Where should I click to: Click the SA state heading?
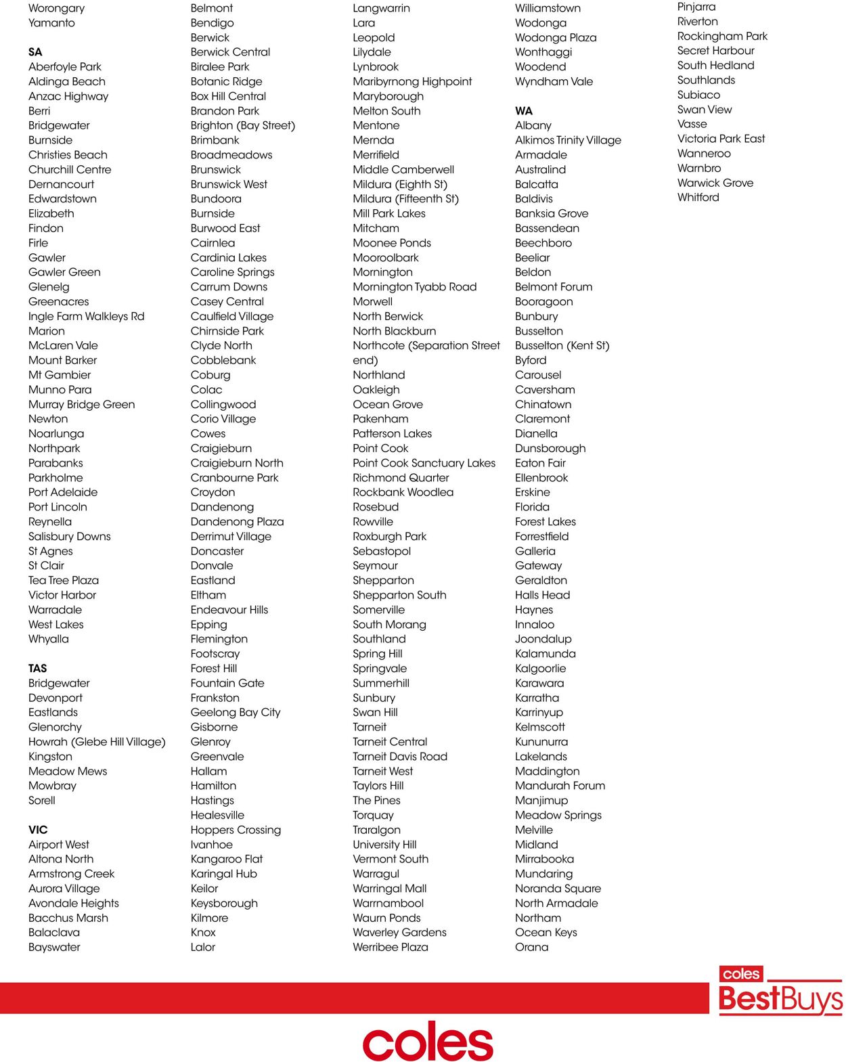pyautogui.click(x=35, y=52)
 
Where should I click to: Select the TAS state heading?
pyautogui.click(x=38, y=669)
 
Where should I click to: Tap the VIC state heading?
pyautogui.click(x=38, y=830)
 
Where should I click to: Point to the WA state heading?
pyautogui.click(x=524, y=111)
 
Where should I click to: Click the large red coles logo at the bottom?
pyautogui.click(x=428, y=1042)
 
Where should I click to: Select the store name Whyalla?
pyautogui.click(x=49, y=639)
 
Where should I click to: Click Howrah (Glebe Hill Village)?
pyautogui.click(x=97, y=742)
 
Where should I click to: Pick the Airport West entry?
pyautogui.click(x=59, y=845)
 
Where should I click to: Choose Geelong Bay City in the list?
pyautogui.click(x=236, y=713)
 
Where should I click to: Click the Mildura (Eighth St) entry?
pyautogui.click(x=400, y=184)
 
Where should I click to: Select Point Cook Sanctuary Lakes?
pyautogui.click(x=424, y=463)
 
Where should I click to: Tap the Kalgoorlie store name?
pyautogui.click(x=540, y=669)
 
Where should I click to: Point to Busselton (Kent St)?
pyautogui.click(x=562, y=346)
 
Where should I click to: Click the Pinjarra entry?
pyautogui.click(x=696, y=7)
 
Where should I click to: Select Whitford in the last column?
pyautogui.click(x=698, y=198)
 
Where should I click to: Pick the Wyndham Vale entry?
pyautogui.click(x=554, y=82)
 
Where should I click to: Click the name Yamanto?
pyautogui.click(x=51, y=23)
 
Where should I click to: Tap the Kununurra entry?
pyautogui.click(x=541, y=742)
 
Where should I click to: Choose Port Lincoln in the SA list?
pyautogui.click(x=58, y=507)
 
